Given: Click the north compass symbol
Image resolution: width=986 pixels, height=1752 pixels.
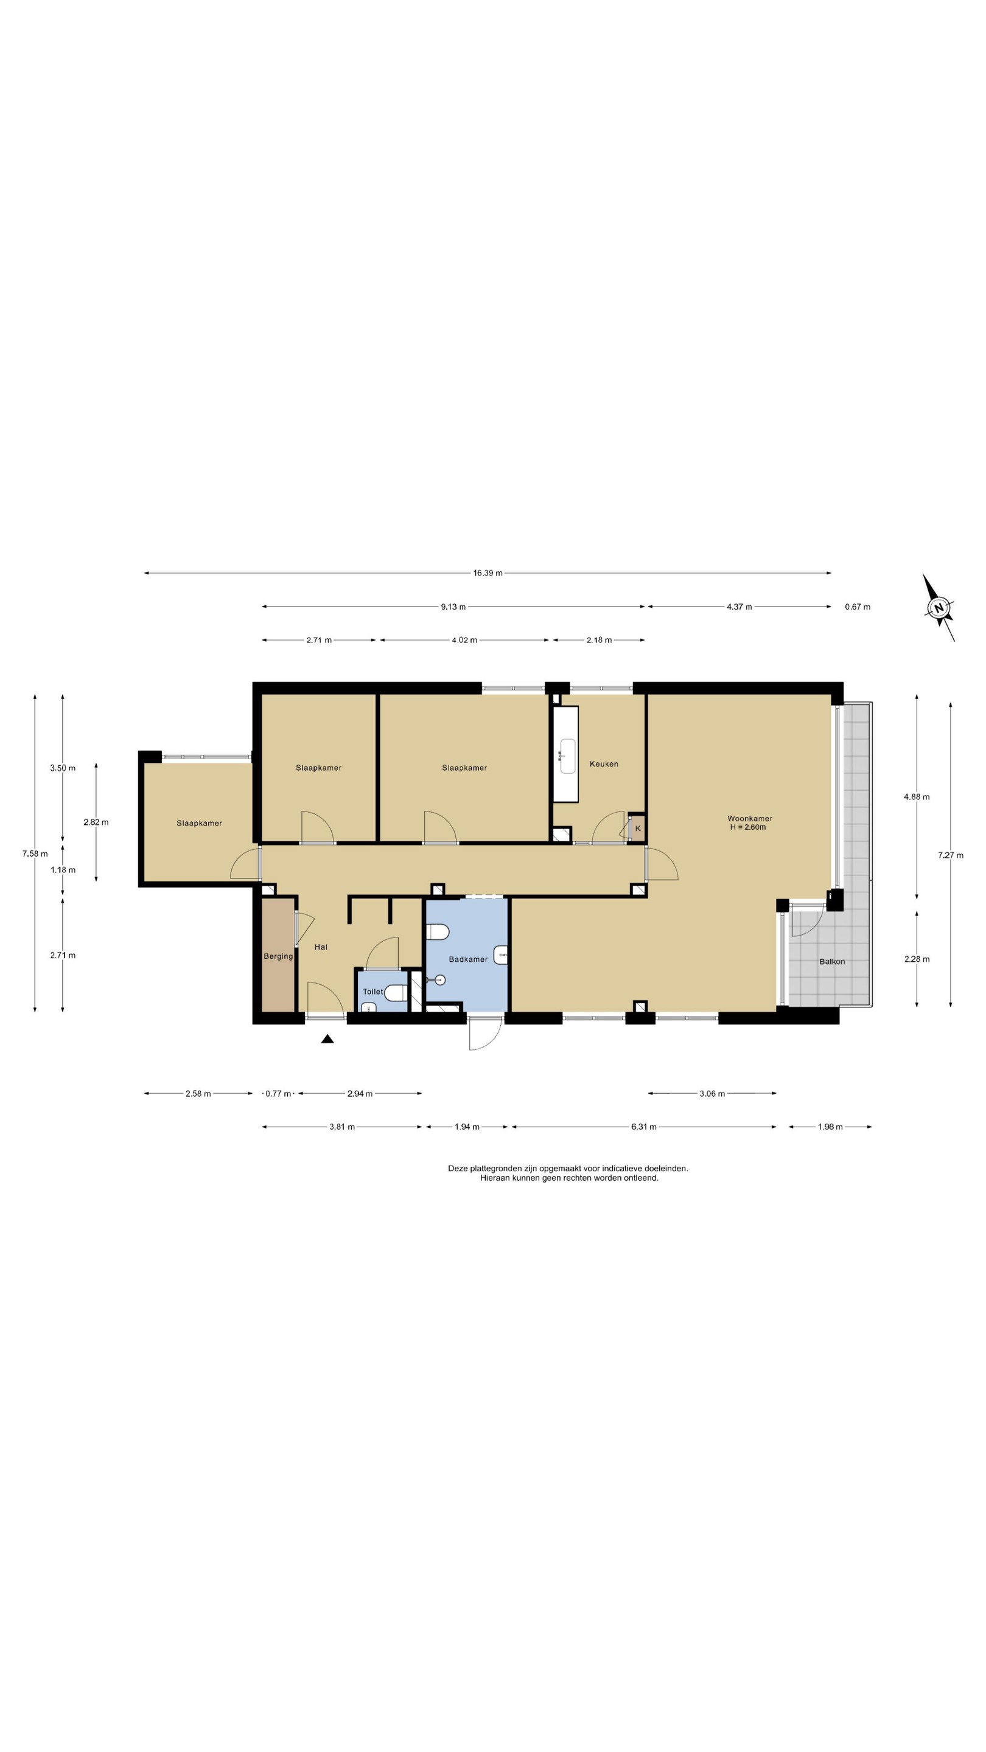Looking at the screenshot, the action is [939, 607].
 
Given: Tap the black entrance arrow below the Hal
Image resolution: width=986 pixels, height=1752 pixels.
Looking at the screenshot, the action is [327, 1038].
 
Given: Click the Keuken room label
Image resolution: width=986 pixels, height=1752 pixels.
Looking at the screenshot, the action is [604, 764].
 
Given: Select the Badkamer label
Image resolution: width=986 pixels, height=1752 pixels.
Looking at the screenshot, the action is [468, 959].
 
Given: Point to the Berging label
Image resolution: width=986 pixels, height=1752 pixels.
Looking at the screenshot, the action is [278, 956].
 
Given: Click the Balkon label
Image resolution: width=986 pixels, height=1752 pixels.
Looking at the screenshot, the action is [831, 962].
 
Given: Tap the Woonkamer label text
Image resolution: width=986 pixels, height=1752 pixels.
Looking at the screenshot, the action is [750, 819].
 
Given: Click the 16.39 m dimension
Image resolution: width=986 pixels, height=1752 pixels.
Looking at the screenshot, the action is [488, 573].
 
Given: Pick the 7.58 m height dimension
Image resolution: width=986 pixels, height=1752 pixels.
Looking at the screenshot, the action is [35, 853].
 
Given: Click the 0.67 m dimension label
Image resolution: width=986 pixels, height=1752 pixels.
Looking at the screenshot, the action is [858, 607].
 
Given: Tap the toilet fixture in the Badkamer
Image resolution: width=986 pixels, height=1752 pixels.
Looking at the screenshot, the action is [436, 932].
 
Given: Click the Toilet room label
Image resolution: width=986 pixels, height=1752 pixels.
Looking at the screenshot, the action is [373, 992].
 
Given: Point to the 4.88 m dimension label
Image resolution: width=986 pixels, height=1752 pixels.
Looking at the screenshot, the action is [917, 797].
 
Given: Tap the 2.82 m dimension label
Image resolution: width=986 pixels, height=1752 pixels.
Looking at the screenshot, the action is [96, 822].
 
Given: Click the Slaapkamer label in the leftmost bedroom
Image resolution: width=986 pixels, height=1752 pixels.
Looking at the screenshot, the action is [200, 823].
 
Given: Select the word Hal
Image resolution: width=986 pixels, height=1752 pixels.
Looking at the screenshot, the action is [321, 947].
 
